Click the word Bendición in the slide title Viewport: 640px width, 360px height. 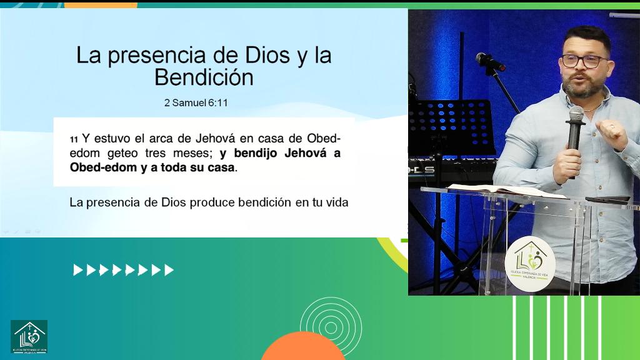point(204,77)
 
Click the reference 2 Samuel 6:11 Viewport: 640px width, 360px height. point(196,102)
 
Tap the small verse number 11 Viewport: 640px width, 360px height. point(74,139)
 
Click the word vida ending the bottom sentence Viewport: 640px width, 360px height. point(336,202)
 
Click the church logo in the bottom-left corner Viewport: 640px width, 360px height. point(29,337)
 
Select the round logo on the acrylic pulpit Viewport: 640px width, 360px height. point(530,263)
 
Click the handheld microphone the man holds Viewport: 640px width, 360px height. point(575,131)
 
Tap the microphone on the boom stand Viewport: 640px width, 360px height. point(488,61)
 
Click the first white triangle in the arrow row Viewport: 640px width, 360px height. point(77,270)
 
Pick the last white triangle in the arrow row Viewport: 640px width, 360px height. point(169,270)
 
